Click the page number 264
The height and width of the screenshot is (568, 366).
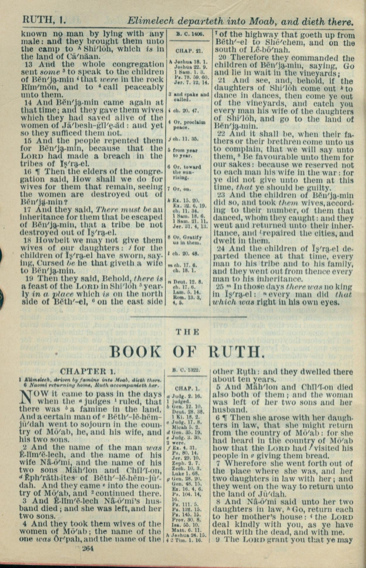point(88,548)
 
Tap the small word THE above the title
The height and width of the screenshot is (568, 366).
point(188,332)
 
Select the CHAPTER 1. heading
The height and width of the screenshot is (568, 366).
point(88,371)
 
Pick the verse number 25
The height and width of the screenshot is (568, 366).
point(220,287)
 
